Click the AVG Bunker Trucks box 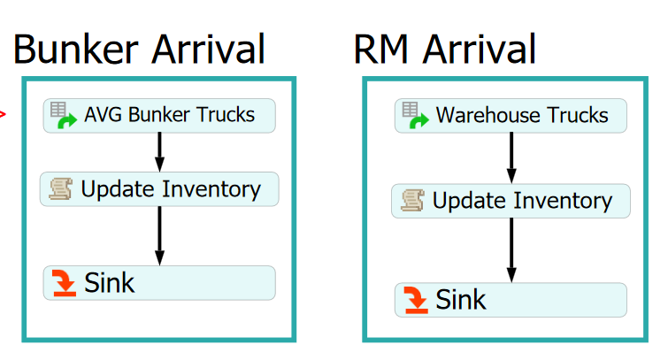click(159, 115)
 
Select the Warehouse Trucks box click(511, 116)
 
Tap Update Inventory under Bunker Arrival click(159, 189)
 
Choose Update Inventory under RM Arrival click(511, 201)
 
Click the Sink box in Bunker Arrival click(159, 282)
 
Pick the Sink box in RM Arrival click(511, 299)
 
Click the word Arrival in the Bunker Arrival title click(206, 49)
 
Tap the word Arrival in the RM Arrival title click(480, 49)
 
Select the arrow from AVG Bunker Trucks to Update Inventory click(159, 151)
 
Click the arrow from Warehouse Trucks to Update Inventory click(511, 157)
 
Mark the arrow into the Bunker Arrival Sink click(159, 234)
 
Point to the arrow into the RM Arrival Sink click(511, 249)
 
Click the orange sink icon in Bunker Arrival click(65, 283)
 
